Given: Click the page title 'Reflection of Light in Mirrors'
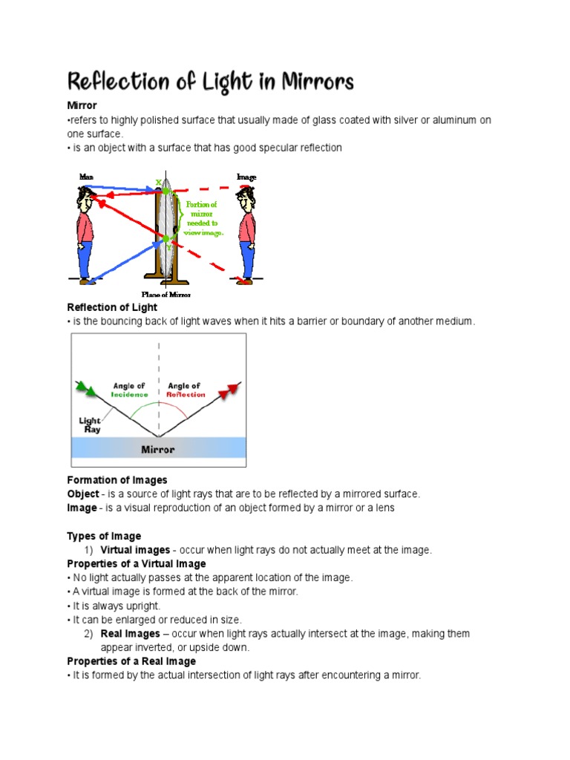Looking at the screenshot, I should [x=210, y=81].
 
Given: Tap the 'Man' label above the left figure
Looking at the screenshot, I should [x=87, y=177].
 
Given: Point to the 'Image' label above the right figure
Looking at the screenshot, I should [x=246, y=177].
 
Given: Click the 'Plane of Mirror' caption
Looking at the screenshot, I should [x=166, y=295].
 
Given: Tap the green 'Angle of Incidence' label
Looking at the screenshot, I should [x=130, y=390].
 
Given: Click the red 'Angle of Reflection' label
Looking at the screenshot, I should [x=186, y=390].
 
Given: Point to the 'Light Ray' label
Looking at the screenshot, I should [x=90, y=425].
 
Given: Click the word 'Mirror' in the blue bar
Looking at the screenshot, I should [x=158, y=449].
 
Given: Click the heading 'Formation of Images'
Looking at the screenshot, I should [x=117, y=480].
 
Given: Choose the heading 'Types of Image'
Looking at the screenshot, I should [x=104, y=536].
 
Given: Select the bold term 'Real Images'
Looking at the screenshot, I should [x=130, y=634].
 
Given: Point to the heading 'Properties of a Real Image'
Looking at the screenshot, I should [x=131, y=661].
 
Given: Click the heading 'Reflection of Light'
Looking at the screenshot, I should [x=112, y=307].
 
